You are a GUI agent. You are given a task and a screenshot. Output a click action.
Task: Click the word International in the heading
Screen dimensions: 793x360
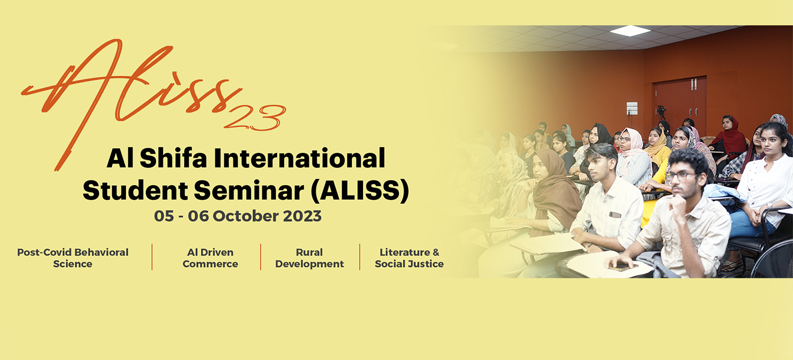pyautogui.click(x=299, y=158)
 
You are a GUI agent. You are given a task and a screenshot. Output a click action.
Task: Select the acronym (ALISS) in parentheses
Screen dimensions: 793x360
pyautogui.click(x=359, y=191)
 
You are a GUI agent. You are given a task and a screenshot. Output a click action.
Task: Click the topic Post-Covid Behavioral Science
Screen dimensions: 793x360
pyautogui.click(x=72, y=258)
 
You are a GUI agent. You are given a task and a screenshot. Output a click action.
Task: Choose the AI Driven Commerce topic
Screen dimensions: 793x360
pyautogui.click(x=210, y=258)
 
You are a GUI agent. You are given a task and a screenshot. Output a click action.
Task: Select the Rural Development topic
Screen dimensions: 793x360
pyautogui.click(x=309, y=258)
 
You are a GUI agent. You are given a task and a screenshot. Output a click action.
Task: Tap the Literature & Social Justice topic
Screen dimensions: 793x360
pyautogui.click(x=409, y=258)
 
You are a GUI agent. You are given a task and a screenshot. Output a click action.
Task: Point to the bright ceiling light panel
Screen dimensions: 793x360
pyautogui.click(x=630, y=31)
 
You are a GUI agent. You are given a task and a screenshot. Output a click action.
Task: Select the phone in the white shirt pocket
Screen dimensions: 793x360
pyautogui.click(x=615, y=215)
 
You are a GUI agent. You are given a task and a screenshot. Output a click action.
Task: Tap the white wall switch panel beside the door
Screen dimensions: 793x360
pyautogui.click(x=632, y=108)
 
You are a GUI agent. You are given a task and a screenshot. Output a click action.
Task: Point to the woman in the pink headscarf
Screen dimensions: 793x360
pyautogui.click(x=634, y=156)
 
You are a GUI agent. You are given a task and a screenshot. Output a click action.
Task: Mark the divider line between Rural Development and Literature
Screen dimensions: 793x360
pyautogui.click(x=359, y=257)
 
